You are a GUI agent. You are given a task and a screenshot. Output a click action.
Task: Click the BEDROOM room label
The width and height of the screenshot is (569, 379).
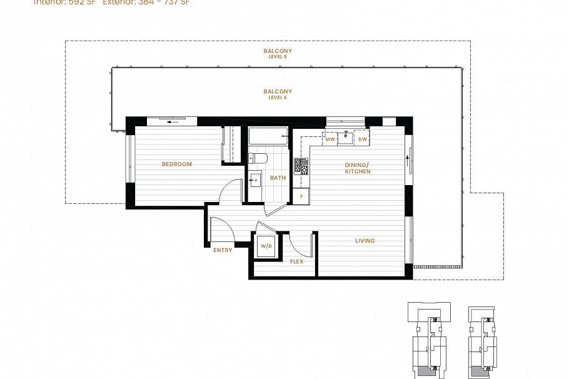tap(176, 164)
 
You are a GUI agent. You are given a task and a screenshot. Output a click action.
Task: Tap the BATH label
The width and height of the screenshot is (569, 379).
tap(278, 178)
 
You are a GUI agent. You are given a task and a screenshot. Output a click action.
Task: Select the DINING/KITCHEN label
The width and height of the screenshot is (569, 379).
tap(358, 168)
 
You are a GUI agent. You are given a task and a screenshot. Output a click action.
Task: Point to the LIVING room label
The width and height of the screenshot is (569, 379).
tap(365, 241)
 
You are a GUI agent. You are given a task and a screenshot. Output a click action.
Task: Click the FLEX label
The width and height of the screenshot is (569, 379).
tap(296, 261)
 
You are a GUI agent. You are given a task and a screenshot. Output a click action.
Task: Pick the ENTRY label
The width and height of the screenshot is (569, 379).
tap(223, 250)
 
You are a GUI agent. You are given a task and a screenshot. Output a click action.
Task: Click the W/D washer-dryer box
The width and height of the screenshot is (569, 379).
tap(266, 246)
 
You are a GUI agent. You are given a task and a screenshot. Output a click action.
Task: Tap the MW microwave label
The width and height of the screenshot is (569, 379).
tap(330, 139)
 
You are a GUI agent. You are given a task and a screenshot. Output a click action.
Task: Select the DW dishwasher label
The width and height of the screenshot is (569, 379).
tap(362, 139)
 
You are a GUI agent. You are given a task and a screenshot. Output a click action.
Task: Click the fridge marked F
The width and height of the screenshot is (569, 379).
tap(301, 196)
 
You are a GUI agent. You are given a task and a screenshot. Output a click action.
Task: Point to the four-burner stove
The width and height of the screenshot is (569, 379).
tap(301, 166)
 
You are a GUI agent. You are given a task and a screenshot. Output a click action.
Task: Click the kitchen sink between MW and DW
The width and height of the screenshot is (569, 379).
tap(346, 138)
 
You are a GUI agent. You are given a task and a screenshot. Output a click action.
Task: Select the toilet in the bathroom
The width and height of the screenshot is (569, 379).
tap(258, 158)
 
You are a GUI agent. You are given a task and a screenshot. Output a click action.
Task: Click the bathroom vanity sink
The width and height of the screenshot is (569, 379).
tap(254, 181)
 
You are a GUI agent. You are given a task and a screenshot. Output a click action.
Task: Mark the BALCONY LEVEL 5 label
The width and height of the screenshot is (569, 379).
tap(278, 53)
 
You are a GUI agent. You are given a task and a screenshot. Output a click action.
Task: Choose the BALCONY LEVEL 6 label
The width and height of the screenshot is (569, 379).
tap(278, 93)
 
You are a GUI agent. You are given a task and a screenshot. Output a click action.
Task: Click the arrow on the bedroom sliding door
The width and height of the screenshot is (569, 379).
tap(170, 123)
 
